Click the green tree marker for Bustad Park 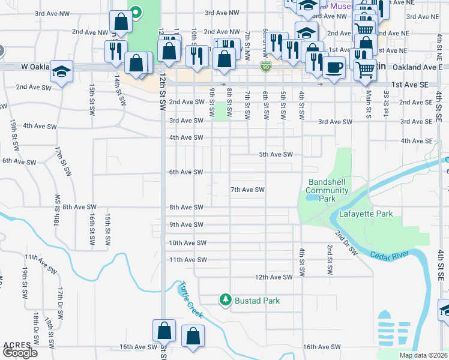(225, 300)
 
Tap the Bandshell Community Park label (327, 190)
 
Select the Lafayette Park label (366, 214)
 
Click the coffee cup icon (334, 67)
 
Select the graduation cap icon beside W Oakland (62, 71)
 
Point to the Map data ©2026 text (423, 355)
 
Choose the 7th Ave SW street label (248, 190)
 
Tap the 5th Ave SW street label (276, 154)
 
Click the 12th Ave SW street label (273, 277)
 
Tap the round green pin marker (136, 11)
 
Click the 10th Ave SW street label (187, 243)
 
